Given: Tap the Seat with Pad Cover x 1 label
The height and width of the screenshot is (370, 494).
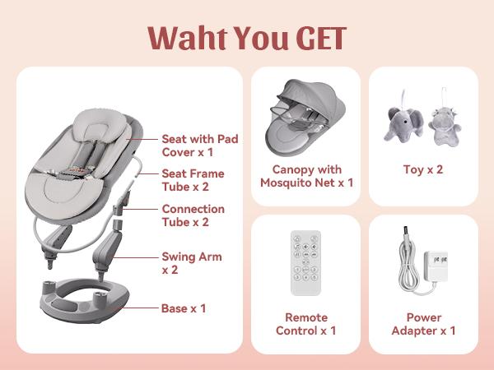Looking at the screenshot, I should pyautogui.click(x=199, y=146).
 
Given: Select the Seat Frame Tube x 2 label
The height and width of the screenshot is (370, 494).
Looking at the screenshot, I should pyautogui.click(x=193, y=180).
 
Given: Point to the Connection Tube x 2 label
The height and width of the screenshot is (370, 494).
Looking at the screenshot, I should pyautogui.click(x=193, y=215).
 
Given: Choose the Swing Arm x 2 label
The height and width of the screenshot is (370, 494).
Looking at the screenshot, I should pyautogui.click(x=191, y=263).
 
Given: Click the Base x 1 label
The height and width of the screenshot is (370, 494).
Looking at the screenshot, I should pyautogui.click(x=183, y=308).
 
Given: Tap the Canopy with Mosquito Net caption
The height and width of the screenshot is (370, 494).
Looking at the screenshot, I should pyautogui.click(x=306, y=176).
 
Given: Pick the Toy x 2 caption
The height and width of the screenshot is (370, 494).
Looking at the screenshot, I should pyautogui.click(x=423, y=169).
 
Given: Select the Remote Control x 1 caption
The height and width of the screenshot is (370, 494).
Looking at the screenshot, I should pyautogui.click(x=306, y=324).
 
